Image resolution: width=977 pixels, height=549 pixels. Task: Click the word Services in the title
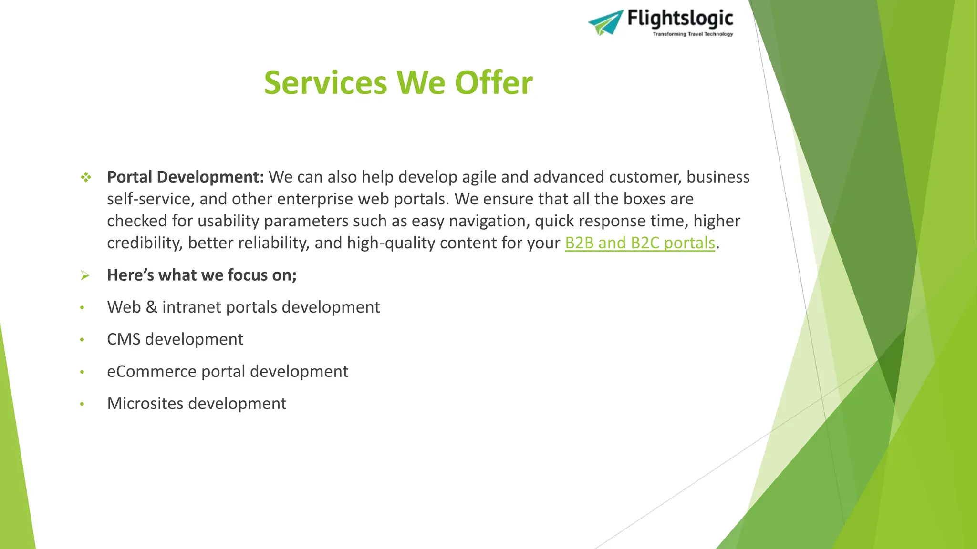click(x=325, y=83)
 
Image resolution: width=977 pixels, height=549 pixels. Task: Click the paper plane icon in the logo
click(x=606, y=22)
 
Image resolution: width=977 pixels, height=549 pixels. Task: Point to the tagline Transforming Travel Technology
click(x=693, y=34)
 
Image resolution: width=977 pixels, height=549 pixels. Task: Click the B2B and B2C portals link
click(x=640, y=243)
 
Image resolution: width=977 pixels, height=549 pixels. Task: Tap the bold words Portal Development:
click(x=185, y=177)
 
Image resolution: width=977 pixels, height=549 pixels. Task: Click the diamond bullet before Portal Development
click(x=86, y=178)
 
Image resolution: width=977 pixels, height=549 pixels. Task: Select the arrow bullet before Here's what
click(x=85, y=275)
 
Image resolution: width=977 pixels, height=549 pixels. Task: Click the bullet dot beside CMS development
click(x=82, y=340)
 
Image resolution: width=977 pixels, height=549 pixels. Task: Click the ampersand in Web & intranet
click(x=152, y=307)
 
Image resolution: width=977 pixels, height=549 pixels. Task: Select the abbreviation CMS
click(x=124, y=339)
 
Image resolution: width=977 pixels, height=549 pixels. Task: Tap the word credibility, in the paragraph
click(x=145, y=243)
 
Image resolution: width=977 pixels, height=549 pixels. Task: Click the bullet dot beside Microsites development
click(x=82, y=404)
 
